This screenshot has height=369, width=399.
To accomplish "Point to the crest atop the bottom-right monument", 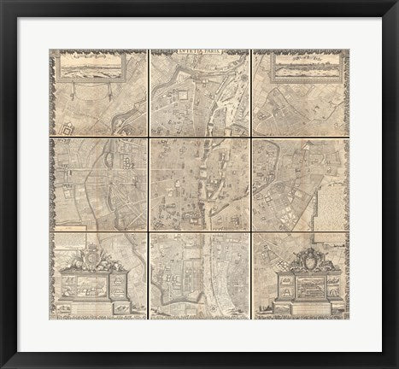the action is tap(305, 257).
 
